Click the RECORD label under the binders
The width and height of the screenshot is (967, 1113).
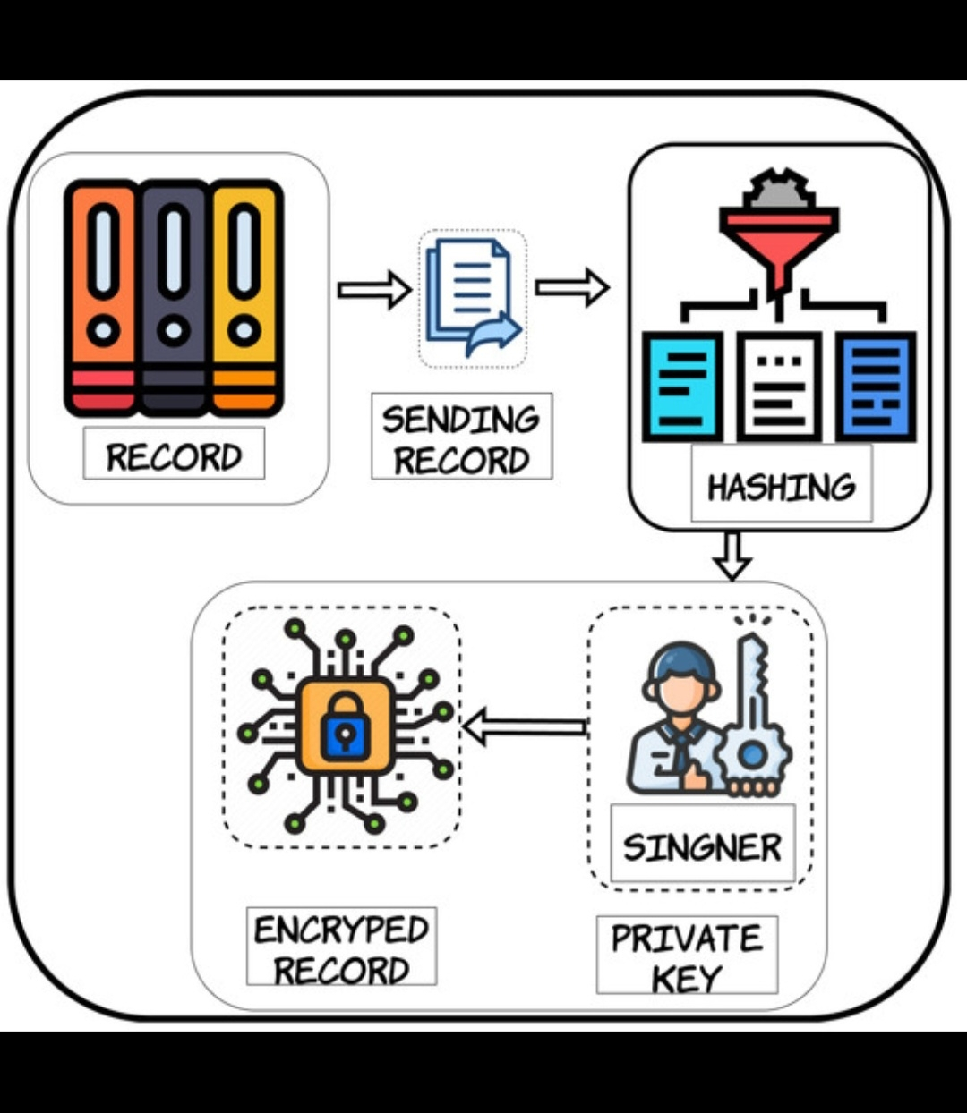click(x=174, y=456)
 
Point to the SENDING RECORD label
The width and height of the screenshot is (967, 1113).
click(x=461, y=438)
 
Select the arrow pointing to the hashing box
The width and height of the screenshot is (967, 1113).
click(x=571, y=287)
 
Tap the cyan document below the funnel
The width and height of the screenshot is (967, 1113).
click(x=682, y=386)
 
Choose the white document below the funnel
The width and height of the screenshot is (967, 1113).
click(x=778, y=386)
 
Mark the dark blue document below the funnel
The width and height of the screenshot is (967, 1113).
click(x=876, y=386)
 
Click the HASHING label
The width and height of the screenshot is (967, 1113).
click(x=781, y=488)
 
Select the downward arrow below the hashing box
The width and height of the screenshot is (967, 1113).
click(x=732, y=555)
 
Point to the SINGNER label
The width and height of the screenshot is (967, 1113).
click(x=702, y=845)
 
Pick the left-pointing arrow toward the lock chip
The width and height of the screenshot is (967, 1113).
click(x=524, y=726)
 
